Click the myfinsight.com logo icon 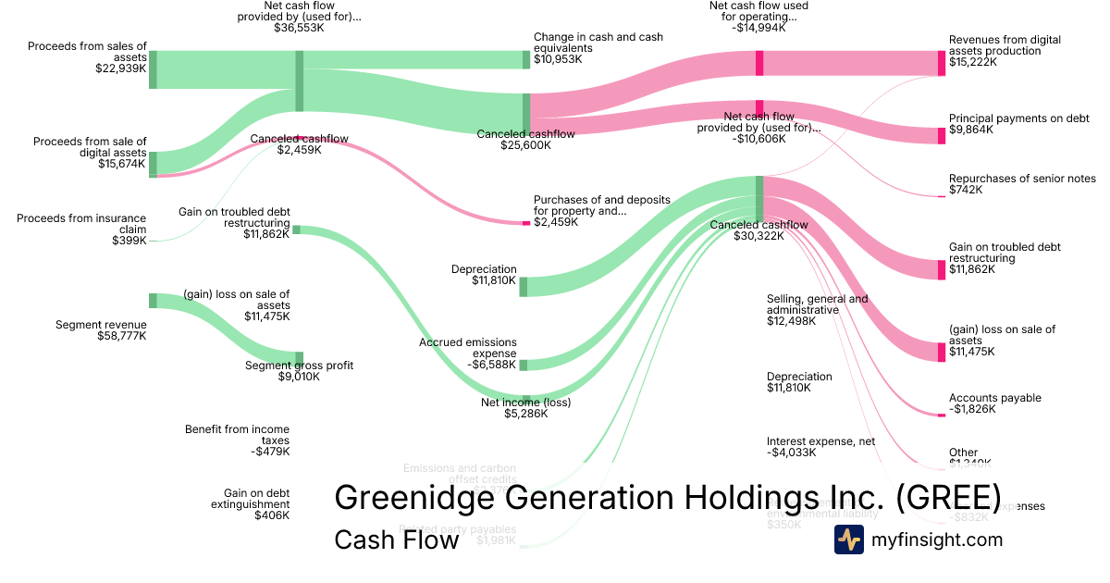(849, 540)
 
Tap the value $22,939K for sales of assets (121, 68)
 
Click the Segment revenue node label (101, 325)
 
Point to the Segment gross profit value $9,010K (299, 378)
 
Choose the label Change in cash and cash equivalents (598, 43)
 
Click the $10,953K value (561, 59)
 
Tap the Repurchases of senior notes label (1022, 179)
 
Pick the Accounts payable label (994, 398)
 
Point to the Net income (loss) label (525, 403)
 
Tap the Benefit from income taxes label (237, 435)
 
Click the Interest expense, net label (820, 441)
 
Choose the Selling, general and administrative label (818, 304)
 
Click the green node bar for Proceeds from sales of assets (153, 69)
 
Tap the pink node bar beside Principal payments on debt (942, 135)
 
